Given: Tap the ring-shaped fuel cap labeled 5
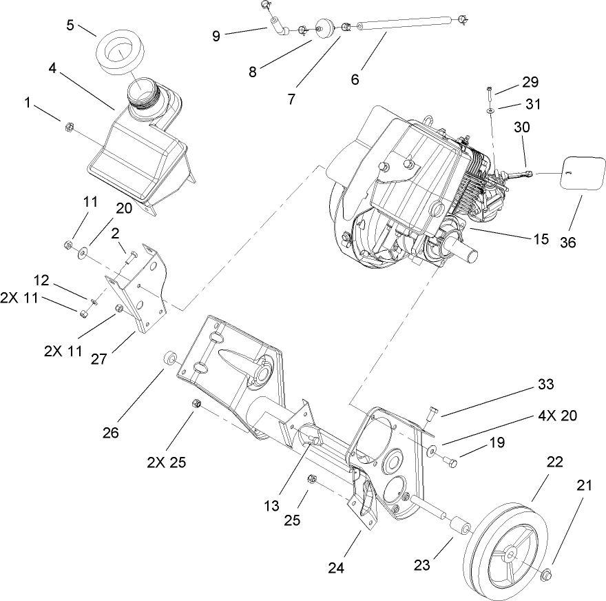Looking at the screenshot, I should (116, 53).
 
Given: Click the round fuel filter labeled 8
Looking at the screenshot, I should (322, 28).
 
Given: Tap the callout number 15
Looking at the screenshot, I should (541, 240).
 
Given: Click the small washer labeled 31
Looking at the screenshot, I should (488, 109).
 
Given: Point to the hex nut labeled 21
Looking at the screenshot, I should (546, 574).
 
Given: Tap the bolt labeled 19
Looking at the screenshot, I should (450, 460).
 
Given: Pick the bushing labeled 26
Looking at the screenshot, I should (168, 359).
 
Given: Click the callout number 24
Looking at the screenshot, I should (335, 569).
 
